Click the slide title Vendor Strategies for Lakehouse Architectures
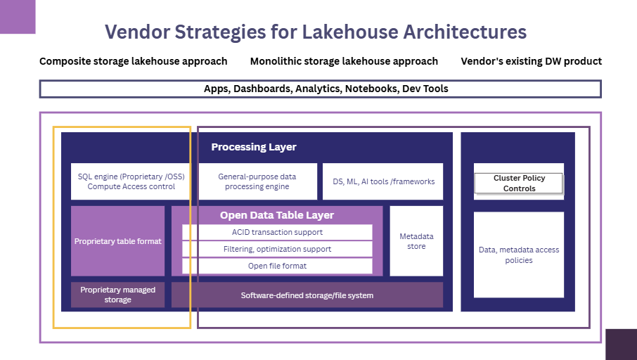(x=316, y=32)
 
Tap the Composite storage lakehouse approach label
(x=134, y=61)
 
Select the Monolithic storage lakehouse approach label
(x=344, y=61)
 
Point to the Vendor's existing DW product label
(x=531, y=61)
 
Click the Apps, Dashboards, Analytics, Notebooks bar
(x=320, y=89)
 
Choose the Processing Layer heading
(x=254, y=147)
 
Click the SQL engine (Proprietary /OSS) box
(x=131, y=181)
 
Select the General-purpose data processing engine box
(x=257, y=181)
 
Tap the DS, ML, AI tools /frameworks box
(x=383, y=181)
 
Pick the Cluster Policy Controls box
(x=519, y=183)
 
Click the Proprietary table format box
(x=117, y=241)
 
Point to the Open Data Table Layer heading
(x=277, y=215)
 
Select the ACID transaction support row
(x=277, y=232)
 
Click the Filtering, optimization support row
(x=277, y=249)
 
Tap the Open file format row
(x=277, y=266)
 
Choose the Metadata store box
(x=416, y=241)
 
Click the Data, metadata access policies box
(x=519, y=255)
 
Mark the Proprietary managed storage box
(x=117, y=295)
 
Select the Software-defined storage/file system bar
(x=307, y=295)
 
